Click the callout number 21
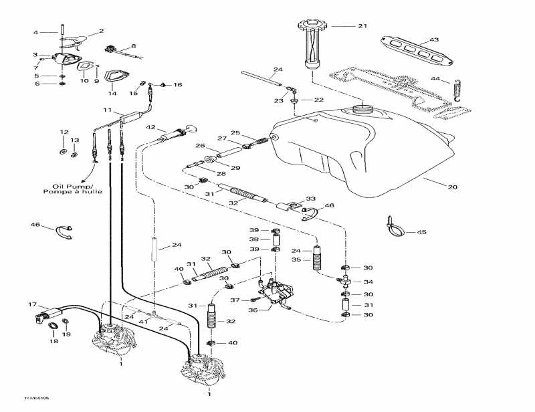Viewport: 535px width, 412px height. coord(362,26)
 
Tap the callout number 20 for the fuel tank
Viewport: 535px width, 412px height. coord(453,187)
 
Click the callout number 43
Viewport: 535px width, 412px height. coord(434,40)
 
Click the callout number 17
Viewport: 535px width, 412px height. coord(31,304)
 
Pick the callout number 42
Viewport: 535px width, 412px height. coord(151,127)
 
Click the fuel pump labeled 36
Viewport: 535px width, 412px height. coord(276,294)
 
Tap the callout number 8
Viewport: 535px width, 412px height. coord(133,46)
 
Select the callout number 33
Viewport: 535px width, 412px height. coord(310,199)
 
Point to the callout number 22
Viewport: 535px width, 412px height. coord(318,99)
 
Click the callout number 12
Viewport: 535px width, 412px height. coord(64,132)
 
